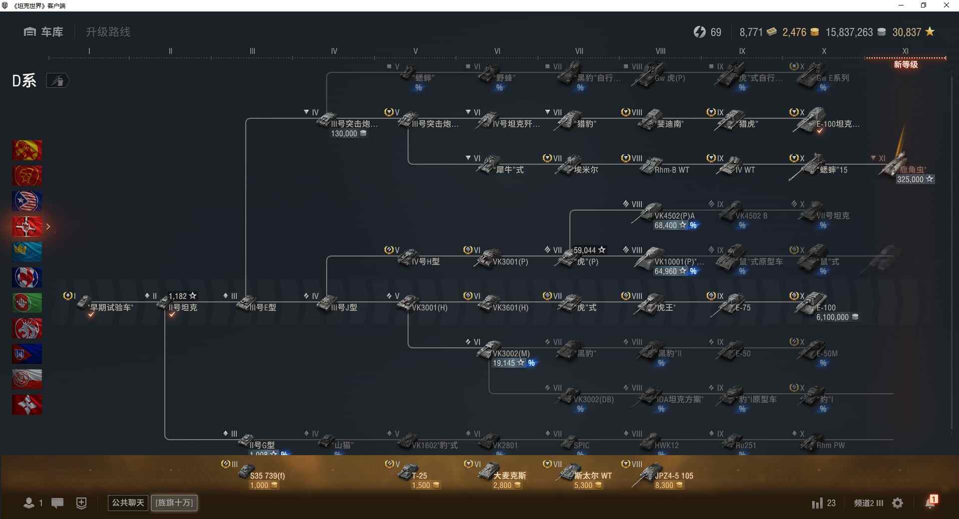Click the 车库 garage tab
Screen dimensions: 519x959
pos(43,32)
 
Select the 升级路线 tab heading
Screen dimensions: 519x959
pos(108,32)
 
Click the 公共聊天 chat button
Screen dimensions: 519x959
pos(128,503)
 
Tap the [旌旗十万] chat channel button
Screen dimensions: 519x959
pos(174,503)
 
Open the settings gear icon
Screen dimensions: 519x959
pos(898,503)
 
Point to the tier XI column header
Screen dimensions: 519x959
pos(905,51)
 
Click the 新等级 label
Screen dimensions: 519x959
pos(906,65)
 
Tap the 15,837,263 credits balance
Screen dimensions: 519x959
pos(849,32)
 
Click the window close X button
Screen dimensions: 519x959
pos(946,5)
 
